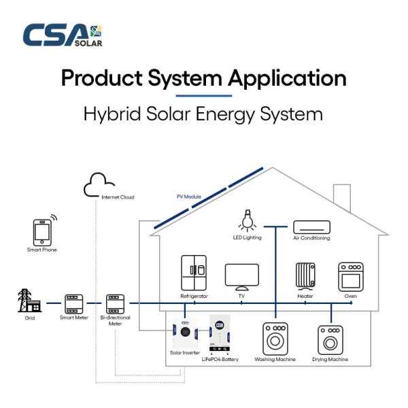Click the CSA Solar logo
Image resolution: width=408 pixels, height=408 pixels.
63,35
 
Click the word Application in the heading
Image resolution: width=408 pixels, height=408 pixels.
287,78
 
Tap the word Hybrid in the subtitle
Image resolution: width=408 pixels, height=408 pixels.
112,114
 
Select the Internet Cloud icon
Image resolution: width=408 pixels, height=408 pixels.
99,185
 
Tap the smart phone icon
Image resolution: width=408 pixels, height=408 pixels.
44,231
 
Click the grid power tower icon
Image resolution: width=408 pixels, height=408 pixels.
29,301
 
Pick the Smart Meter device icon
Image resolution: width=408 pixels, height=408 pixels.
74,304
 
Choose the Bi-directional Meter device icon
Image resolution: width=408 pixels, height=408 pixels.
116,304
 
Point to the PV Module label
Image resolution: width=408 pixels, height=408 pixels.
189,197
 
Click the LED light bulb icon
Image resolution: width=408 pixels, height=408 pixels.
248,220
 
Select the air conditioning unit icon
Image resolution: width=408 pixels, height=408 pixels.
311,227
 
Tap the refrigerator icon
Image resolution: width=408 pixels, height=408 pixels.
194,273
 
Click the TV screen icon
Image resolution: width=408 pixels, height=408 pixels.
242,277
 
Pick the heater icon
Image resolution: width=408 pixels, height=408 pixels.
305,276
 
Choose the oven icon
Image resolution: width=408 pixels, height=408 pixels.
351,277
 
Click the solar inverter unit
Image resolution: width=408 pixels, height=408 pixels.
185,333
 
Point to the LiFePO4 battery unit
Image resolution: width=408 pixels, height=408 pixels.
220,335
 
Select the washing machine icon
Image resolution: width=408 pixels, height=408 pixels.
275,339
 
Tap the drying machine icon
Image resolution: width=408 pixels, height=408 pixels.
330,340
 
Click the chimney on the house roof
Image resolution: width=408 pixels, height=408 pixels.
342,197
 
